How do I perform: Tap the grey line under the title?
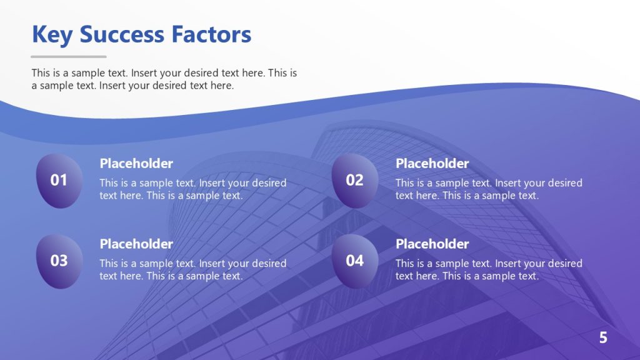[x=69, y=57]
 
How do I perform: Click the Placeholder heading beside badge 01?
[x=136, y=164]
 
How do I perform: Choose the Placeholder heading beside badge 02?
[x=432, y=164]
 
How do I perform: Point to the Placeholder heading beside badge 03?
[x=136, y=244]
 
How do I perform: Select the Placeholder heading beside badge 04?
[x=432, y=244]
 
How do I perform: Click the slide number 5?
[x=603, y=338]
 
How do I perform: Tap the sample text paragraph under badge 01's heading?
[x=192, y=189]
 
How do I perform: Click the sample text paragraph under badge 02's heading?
[x=488, y=189]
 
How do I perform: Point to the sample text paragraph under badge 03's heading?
[x=192, y=269]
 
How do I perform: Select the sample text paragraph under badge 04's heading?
[x=488, y=269]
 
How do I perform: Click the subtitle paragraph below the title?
[x=164, y=79]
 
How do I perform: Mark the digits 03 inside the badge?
[x=59, y=261]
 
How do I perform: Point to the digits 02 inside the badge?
[x=354, y=181]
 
